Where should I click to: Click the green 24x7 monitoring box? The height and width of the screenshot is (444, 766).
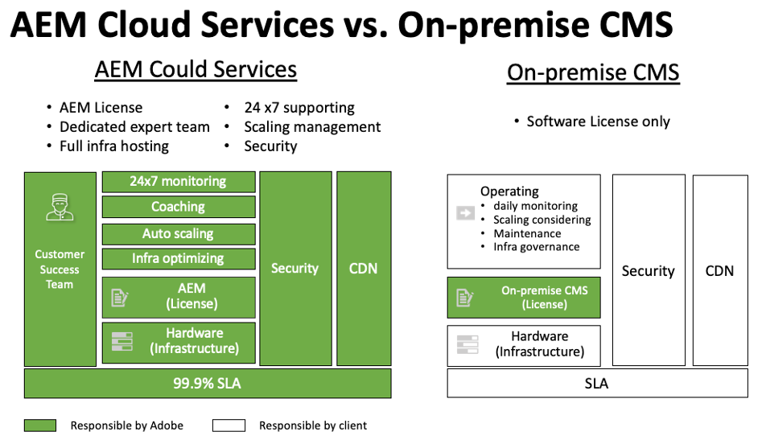pyautogui.click(x=178, y=182)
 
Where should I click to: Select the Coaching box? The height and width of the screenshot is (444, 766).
pyautogui.click(x=178, y=208)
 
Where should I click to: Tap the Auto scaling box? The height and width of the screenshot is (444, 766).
pyautogui.click(x=178, y=234)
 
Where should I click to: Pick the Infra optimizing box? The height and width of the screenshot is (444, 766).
pyautogui.click(x=178, y=259)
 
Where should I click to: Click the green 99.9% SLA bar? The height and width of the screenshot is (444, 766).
pyautogui.click(x=207, y=384)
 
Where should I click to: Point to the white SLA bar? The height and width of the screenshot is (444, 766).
pyautogui.click(x=596, y=384)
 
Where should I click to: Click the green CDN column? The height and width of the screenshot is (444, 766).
pyautogui.click(x=363, y=269)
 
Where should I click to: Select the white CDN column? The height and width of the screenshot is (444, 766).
pyautogui.click(x=719, y=271)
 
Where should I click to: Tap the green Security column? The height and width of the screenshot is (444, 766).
pyautogui.click(x=294, y=269)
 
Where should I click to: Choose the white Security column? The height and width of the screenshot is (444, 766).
pyautogui.click(x=648, y=271)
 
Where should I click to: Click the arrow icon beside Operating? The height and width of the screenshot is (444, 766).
pyautogui.click(x=465, y=213)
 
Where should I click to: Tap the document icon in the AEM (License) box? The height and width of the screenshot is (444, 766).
pyautogui.click(x=120, y=298)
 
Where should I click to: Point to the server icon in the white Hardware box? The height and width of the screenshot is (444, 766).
pyautogui.click(x=467, y=344)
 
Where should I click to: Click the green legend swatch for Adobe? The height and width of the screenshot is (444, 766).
pyautogui.click(x=40, y=425)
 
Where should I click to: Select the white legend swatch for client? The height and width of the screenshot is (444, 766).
pyautogui.click(x=229, y=425)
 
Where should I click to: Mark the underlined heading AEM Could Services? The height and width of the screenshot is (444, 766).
pyautogui.click(x=196, y=69)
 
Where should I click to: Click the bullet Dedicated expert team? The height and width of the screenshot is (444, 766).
pyautogui.click(x=134, y=127)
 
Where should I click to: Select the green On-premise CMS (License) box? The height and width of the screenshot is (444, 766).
pyautogui.click(x=523, y=298)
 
